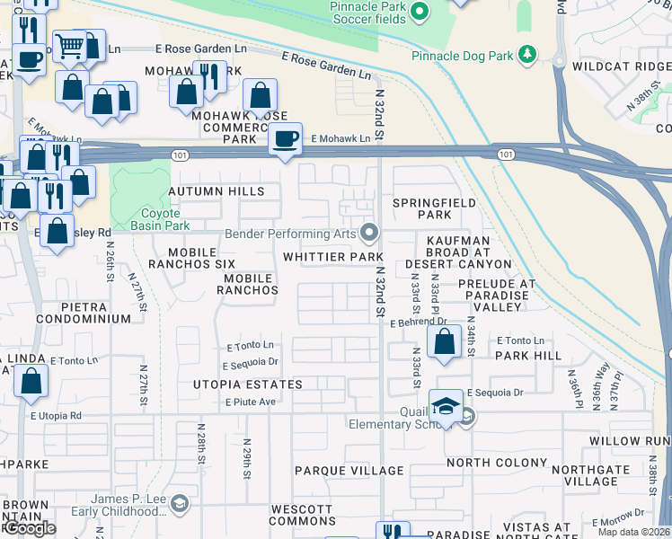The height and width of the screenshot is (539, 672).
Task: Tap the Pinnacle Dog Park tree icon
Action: tap(527, 55)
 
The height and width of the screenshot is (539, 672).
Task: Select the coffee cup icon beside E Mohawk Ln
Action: tap(286, 139)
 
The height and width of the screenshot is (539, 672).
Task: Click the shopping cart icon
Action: tap(70, 45)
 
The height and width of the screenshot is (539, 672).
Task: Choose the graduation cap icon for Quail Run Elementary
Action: tap(446, 406)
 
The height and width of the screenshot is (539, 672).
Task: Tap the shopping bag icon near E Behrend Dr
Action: tap(445, 342)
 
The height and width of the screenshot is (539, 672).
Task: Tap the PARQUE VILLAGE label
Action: tap(349, 471)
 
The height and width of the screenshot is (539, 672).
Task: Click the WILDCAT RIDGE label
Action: tap(627, 65)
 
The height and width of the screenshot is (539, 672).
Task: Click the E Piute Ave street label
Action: tap(250, 402)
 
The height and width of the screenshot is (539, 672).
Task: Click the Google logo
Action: tap(30, 528)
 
